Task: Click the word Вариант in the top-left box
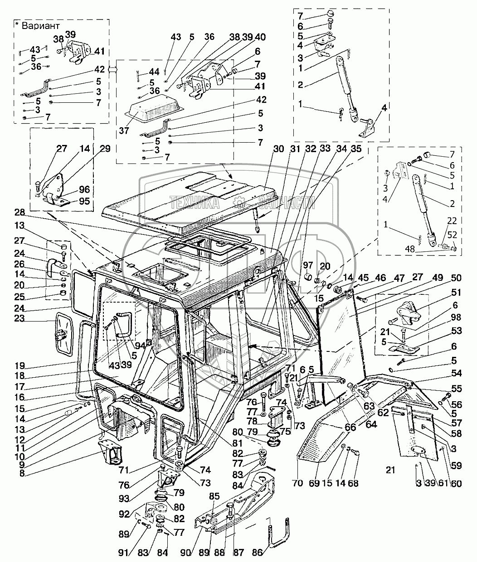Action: click(43, 26)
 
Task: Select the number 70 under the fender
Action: click(297, 484)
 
